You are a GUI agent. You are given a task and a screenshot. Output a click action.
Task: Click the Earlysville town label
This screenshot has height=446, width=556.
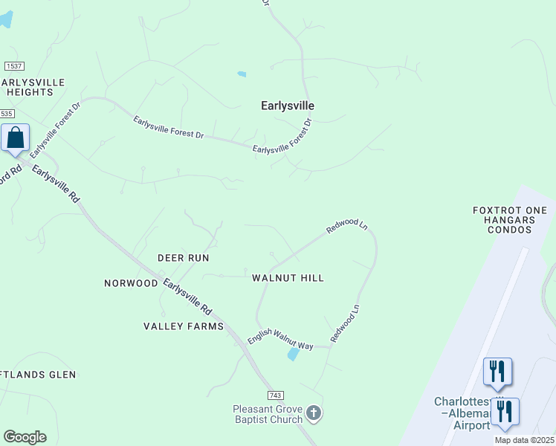pyautogui.click(x=288, y=106)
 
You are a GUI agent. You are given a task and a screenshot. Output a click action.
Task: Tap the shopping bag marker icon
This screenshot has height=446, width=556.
pyautogui.click(x=15, y=138)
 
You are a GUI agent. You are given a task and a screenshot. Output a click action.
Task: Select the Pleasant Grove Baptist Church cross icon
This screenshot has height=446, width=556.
pyautogui.click(x=314, y=413)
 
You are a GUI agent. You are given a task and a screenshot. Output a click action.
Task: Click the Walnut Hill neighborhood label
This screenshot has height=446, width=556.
pyautogui.click(x=288, y=278)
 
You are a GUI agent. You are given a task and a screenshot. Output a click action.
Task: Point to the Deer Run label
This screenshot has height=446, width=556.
pyautogui.click(x=183, y=258)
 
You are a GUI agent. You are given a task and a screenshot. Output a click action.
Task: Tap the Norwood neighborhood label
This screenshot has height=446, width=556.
pyautogui.click(x=131, y=283)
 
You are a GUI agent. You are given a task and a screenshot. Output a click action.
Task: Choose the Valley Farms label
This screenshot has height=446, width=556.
pyautogui.click(x=183, y=326)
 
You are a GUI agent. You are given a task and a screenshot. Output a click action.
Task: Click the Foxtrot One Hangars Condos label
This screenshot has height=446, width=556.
pyautogui.click(x=510, y=220)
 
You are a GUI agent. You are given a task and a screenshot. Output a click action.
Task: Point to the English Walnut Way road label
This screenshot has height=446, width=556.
pyautogui.click(x=280, y=340)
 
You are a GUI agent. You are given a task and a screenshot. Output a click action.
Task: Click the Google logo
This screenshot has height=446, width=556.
pyautogui.click(x=25, y=436)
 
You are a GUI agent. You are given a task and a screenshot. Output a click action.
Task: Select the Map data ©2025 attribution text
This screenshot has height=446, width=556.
pyautogui.click(x=524, y=440)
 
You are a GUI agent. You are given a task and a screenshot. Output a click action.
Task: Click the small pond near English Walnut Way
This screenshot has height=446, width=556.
pyautogui.click(x=293, y=355)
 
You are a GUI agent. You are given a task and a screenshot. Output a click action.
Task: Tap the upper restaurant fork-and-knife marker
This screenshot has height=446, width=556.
pyautogui.click(x=497, y=371)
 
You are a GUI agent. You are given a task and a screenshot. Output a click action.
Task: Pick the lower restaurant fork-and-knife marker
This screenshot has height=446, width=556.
pyautogui.click(x=505, y=411)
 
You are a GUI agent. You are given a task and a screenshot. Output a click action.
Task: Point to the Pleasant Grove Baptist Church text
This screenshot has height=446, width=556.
pyautogui.click(x=268, y=414)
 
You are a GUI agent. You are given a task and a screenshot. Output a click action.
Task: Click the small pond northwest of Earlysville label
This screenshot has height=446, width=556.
pyautogui.click(x=241, y=74)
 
